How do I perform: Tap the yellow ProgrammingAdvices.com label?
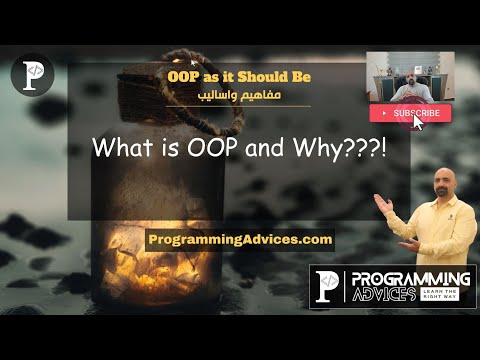(239, 240)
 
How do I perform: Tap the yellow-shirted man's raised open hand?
(381, 203)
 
